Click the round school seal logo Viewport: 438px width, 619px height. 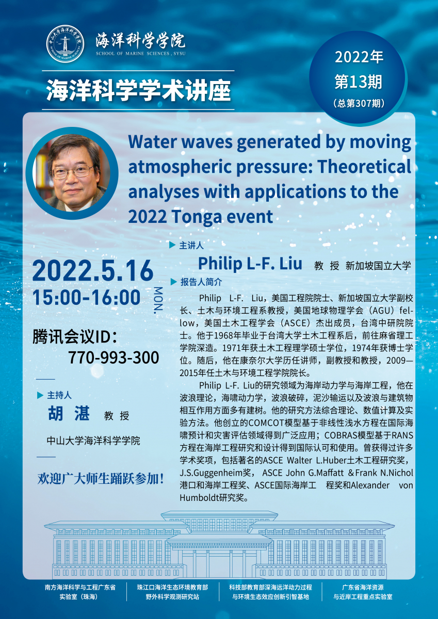point(66,44)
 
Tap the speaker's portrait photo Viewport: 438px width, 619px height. point(72,173)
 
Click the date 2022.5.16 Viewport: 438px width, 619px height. point(93,270)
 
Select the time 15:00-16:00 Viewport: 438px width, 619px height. point(86,297)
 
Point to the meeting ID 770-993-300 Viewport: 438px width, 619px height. point(113,357)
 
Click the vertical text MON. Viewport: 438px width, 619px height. point(158,300)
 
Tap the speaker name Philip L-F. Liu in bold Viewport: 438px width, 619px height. point(250,264)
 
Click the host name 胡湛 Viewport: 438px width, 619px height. point(69,413)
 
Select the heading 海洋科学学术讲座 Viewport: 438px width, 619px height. point(138,90)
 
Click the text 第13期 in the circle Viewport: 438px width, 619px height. point(359,82)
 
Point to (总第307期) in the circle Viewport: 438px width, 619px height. point(359,103)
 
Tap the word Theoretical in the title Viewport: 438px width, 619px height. point(364,167)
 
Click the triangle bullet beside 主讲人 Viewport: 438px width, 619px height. point(172,245)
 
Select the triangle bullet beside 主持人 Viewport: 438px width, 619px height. point(40,395)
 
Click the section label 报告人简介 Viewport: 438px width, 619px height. point(201,282)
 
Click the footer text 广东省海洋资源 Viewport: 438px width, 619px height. point(363,587)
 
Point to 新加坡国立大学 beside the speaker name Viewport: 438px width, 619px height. point(379,266)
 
